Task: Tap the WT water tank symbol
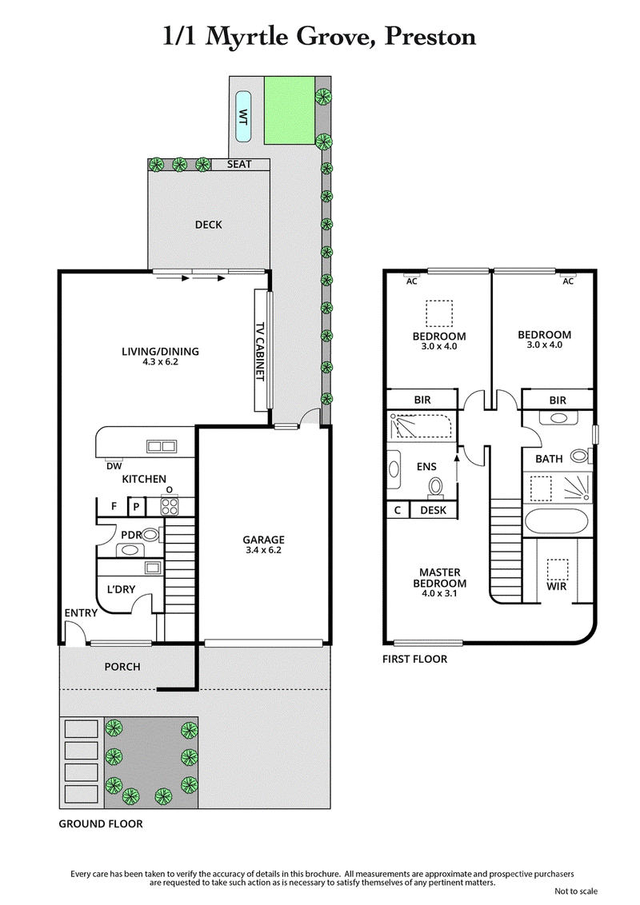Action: point(242,115)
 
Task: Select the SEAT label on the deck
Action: point(239,165)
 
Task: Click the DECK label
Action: point(208,225)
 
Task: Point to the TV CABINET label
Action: point(259,352)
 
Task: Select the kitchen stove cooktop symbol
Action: point(169,505)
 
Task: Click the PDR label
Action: point(131,534)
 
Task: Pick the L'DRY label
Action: point(120,590)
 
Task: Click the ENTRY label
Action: point(81,613)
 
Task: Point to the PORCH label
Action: point(122,667)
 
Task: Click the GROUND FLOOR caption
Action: point(100,823)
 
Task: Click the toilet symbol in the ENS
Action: point(436,485)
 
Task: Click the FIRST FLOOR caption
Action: point(414,660)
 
